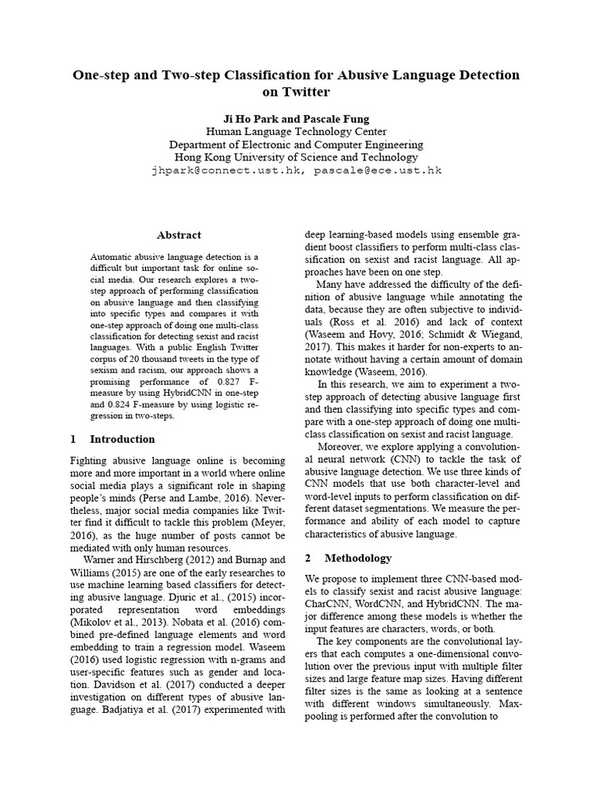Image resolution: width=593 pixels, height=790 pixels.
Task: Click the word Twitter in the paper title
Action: [x=307, y=93]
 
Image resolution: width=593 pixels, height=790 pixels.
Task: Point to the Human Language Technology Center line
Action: [x=296, y=131]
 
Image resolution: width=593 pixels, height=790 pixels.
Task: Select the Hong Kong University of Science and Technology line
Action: [x=296, y=157]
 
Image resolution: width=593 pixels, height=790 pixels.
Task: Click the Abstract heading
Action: [x=178, y=235]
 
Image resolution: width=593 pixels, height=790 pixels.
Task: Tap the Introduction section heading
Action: [x=122, y=439]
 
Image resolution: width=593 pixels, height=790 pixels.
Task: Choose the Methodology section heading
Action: [x=357, y=557]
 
